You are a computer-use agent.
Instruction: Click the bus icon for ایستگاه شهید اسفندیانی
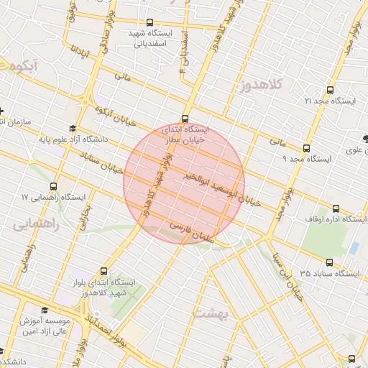[149, 23]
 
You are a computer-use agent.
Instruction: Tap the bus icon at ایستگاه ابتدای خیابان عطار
[185, 119]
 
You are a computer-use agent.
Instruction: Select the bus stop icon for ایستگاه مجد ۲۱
[330, 91]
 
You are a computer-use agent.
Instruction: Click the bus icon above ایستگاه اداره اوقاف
[336, 209]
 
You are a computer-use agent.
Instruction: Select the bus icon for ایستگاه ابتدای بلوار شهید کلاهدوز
[105, 272]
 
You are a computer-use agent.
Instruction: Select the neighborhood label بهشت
[210, 313]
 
